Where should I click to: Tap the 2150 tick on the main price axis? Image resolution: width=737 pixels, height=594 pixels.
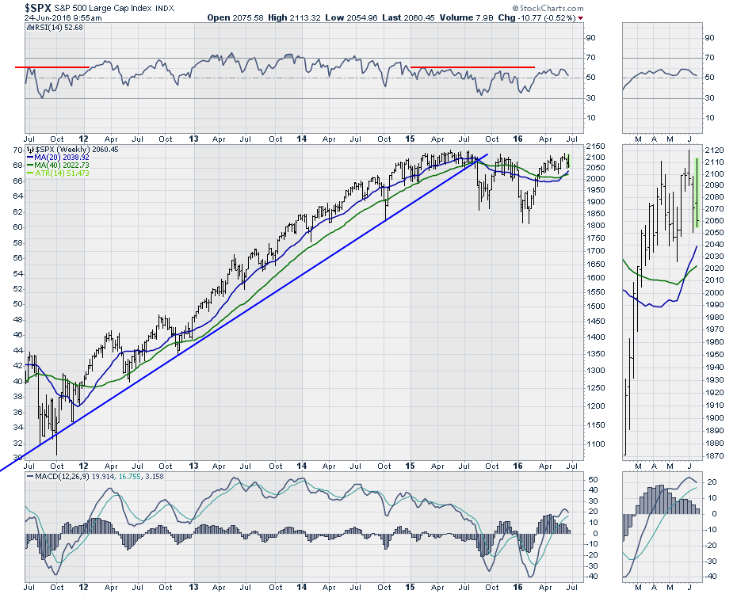(x=593, y=147)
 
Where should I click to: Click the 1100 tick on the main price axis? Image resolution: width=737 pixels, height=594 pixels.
(x=593, y=444)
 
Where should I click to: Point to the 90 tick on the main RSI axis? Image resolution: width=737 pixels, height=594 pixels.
(x=590, y=37)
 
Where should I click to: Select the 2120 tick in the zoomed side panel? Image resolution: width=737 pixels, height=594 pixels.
(x=714, y=149)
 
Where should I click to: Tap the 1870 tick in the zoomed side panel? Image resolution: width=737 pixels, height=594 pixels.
(x=714, y=455)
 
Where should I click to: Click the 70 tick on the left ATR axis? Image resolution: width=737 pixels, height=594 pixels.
(x=16, y=150)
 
